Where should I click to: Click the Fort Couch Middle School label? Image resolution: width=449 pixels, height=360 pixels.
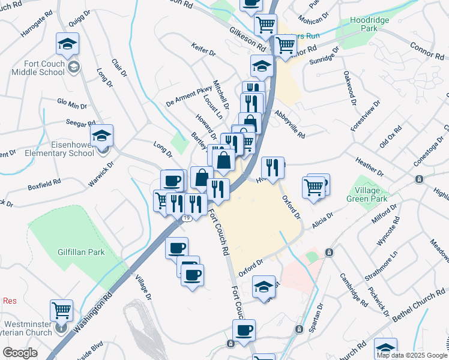pyautogui.click(x=36, y=67)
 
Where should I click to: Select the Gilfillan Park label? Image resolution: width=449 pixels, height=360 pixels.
pyautogui.click(x=81, y=252)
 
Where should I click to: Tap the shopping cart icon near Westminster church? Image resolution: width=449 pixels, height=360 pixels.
pyautogui.click(x=62, y=310)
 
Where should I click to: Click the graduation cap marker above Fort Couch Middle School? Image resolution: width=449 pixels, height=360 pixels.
pyautogui.click(x=67, y=43)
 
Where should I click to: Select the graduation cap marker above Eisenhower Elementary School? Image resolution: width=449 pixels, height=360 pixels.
pyautogui.click(x=102, y=136)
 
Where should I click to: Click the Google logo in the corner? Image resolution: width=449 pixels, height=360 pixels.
pyautogui.click(x=20, y=353)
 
